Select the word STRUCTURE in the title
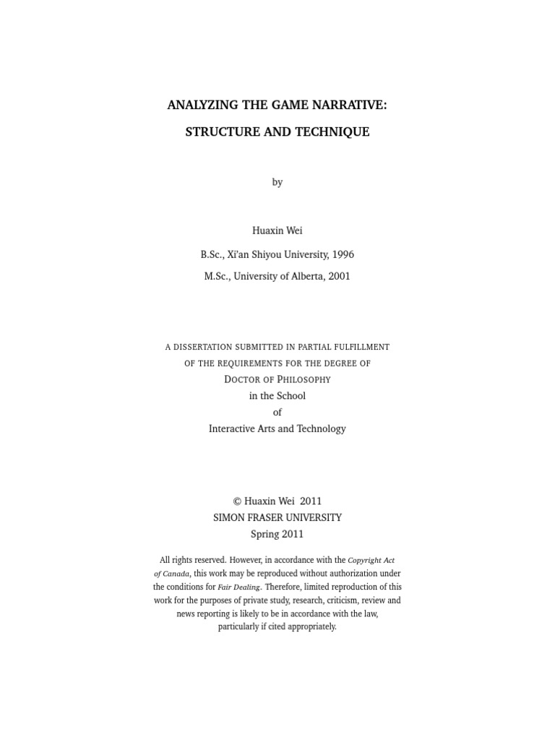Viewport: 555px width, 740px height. click(219, 132)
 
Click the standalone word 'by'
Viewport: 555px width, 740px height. click(277, 182)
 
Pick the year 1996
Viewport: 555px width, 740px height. click(343, 254)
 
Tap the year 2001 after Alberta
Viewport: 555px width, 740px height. click(338, 276)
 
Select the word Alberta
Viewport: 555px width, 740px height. click(306, 276)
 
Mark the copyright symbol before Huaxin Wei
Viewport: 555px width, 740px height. click(236, 501)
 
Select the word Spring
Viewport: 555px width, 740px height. click(264, 534)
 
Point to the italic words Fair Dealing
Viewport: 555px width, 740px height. click(238, 588)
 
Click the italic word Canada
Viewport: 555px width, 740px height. click(176, 574)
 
